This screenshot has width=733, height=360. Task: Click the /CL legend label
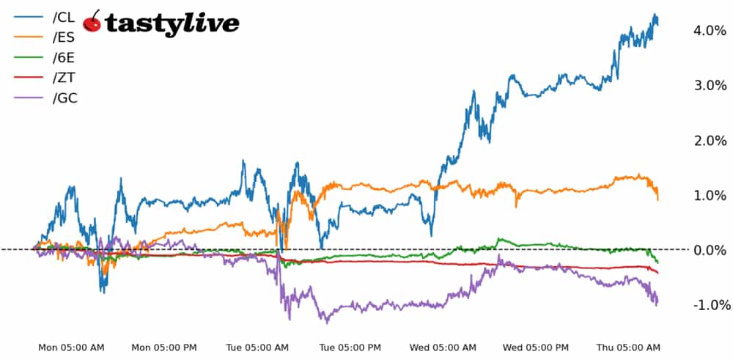pos(64,17)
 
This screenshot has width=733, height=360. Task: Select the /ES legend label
pos(64,37)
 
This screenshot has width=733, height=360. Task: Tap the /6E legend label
pos(64,57)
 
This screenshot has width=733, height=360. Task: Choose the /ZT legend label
pos(64,78)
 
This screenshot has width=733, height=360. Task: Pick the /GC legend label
pos(65,98)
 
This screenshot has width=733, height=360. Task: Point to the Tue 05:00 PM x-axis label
pos(349,348)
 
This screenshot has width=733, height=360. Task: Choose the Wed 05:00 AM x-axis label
pos(442,348)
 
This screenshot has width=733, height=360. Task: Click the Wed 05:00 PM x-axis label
pos(537,348)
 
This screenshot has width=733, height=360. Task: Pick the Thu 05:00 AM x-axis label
pos(628,348)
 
